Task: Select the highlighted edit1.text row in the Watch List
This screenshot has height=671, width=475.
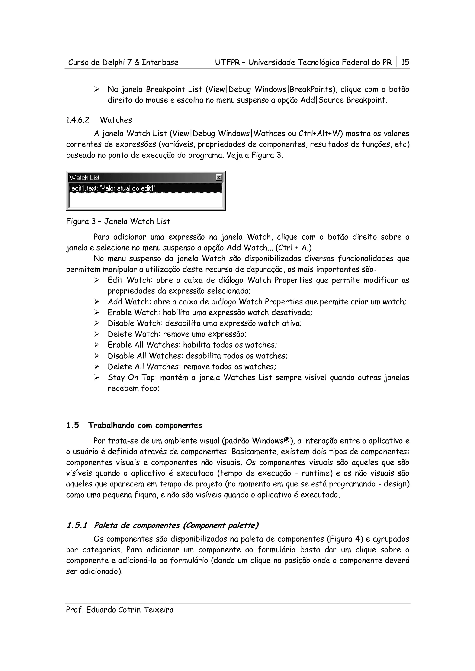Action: click(x=145, y=188)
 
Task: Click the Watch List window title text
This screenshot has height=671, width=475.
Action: click(x=84, y=178)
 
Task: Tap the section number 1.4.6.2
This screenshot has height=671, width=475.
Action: click(x=77, y=120)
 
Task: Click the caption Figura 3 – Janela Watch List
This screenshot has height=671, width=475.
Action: click(x=118, y=222)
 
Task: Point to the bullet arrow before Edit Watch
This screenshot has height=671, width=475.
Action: click(x=97, y=280)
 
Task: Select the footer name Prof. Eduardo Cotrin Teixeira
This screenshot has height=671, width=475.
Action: click(x=120, y=610)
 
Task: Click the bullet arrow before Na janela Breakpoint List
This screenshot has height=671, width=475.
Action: click(x=97, y=89)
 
